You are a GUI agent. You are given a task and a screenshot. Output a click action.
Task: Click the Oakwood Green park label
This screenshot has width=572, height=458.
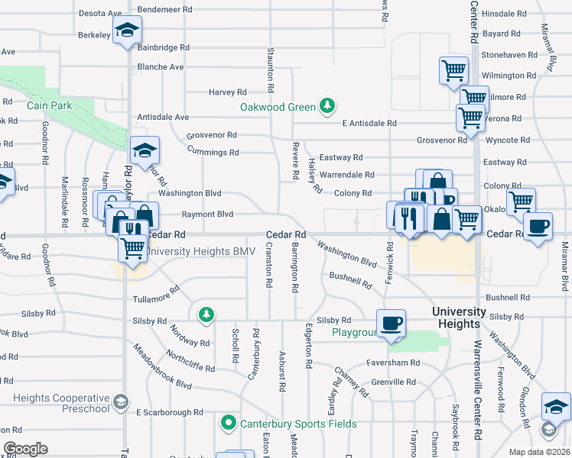278,107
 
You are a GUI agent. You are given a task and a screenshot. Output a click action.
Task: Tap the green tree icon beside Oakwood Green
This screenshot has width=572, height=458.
328,105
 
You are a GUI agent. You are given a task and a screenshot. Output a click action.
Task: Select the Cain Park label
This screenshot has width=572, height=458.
49,106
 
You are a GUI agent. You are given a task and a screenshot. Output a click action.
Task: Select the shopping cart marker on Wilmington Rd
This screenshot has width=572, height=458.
453,70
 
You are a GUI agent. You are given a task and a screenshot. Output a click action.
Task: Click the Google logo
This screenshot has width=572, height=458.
24,449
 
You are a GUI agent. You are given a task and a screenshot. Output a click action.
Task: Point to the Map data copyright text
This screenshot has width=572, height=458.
539,452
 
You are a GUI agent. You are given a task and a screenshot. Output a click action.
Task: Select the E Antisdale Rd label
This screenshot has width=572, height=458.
369,123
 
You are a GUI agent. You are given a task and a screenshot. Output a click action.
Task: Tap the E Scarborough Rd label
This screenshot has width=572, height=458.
170,412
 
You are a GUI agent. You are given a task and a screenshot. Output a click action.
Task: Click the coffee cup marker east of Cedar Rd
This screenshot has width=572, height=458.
538,227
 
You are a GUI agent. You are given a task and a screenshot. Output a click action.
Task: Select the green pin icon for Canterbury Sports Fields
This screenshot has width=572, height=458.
228,422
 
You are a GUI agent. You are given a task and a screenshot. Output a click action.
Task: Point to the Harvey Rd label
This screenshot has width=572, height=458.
228,92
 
